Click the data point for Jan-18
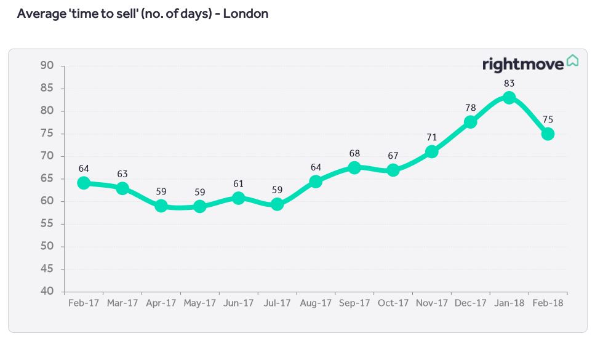tap(509, 98)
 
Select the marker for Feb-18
tap(548, 134)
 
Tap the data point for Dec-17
tap(470, 122)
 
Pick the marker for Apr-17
tap(161, 206)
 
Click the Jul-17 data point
tap(277, 204)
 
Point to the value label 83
tap(509, 83)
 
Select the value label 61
tap(239, 183)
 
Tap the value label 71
tap(432, 137)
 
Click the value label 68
tap(354, 153)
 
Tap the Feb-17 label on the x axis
tap(84, 303)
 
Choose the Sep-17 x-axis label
tap(354, 303)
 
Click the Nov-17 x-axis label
tap(432, 303)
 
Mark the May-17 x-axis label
tap(200, 303)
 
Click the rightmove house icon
tap(572, 60)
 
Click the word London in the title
tap(246, 14)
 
